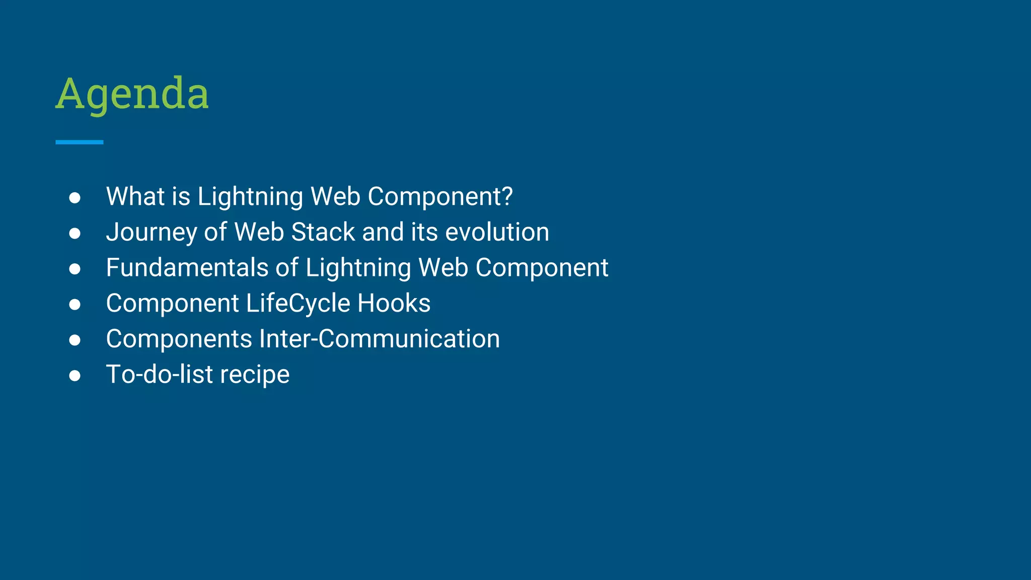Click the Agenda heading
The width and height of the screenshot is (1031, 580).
[x=132, y=94]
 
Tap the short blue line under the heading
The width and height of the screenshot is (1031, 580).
[x=80, y=142]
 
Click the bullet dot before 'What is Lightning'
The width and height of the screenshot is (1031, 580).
[x=75, y=198]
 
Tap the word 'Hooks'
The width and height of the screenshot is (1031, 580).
[x=394, y=303]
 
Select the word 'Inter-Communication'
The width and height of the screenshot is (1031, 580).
[x=379, y=339]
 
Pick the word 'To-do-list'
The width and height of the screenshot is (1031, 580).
[x=160, y=375]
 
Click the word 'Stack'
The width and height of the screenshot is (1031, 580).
[x=323, y=232]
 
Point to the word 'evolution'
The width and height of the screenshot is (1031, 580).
[x=497, y=232]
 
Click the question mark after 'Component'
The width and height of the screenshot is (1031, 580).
[x=507, y=196]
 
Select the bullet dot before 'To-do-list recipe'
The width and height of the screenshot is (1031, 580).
[x=75, y=376]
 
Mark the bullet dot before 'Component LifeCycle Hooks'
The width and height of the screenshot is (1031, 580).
[x=75, y=305]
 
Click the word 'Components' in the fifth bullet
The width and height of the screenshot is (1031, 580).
[x=179, y=339]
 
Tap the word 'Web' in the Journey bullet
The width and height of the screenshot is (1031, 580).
[x=259, y=232]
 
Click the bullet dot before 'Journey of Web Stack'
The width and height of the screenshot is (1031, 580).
[x=75, y=234]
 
